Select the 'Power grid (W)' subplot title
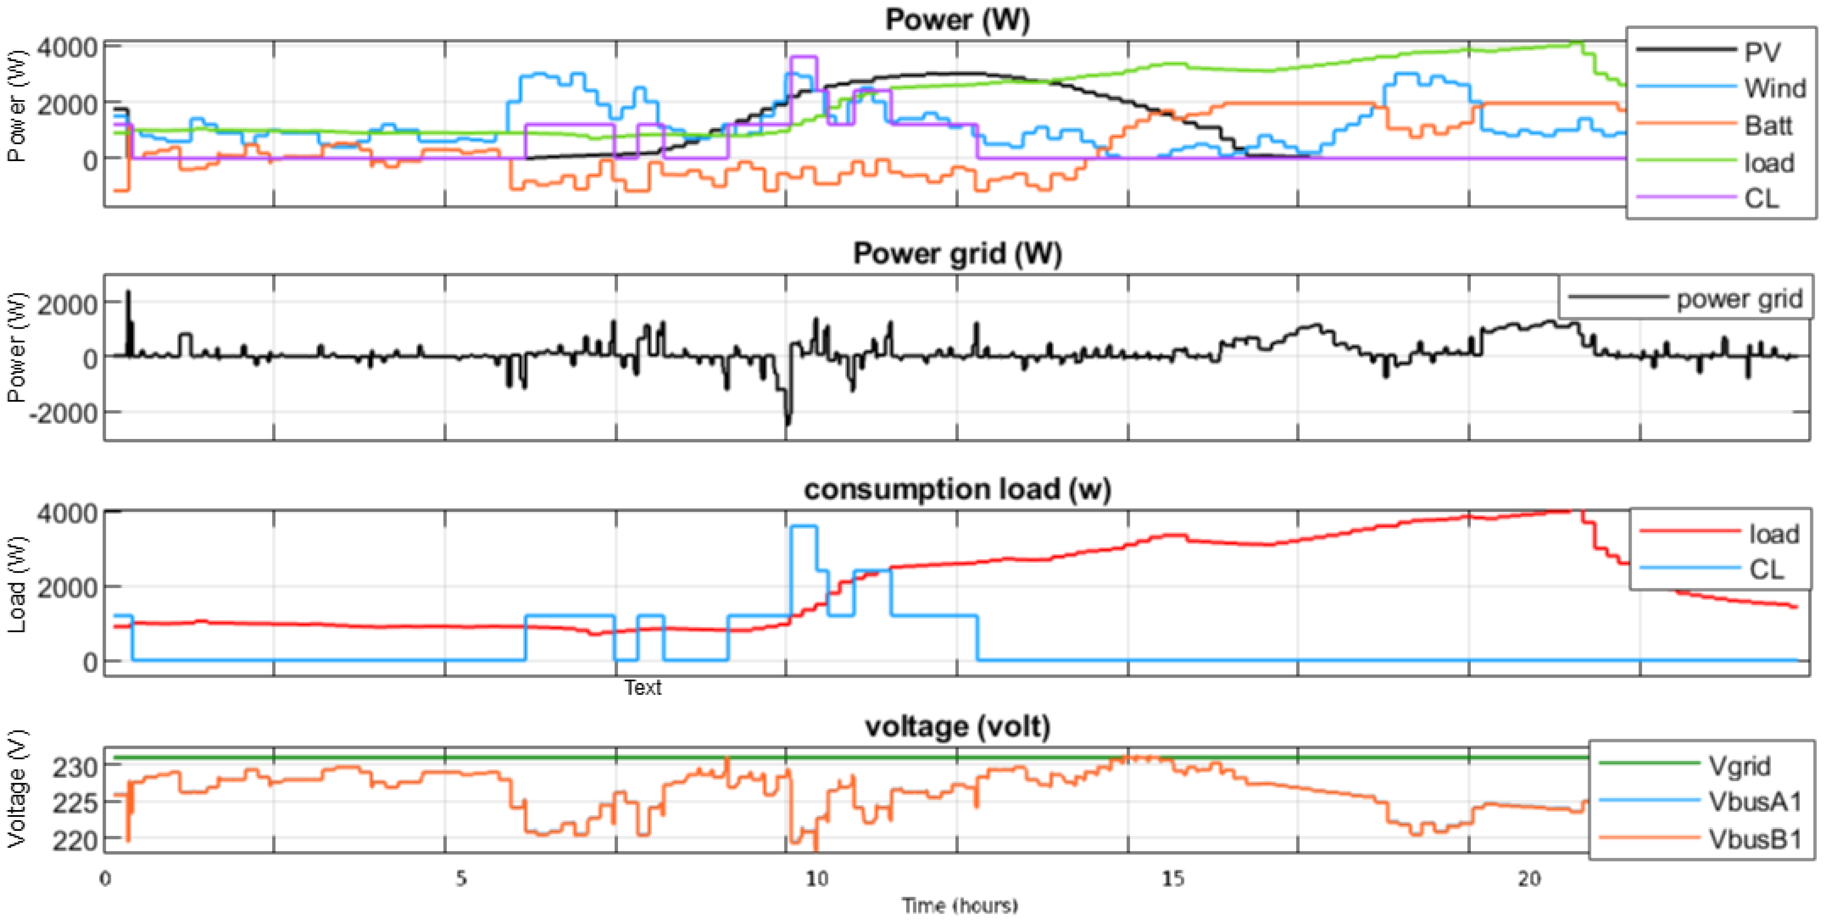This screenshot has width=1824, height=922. click(x=957, y=253)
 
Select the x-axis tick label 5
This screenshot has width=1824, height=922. click(x=461, y=879)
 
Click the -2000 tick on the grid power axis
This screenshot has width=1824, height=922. click(x=63, y=413)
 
